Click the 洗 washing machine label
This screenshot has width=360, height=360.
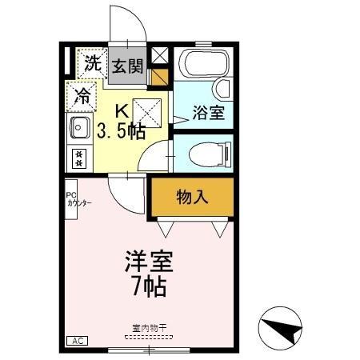[x=94, y=63]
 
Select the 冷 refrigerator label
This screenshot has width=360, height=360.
[x=82, y=97]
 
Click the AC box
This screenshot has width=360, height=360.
[x=78, y=340]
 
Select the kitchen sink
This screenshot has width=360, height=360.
[x=79, y=127]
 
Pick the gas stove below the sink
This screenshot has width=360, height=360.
[x=79, y=157]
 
